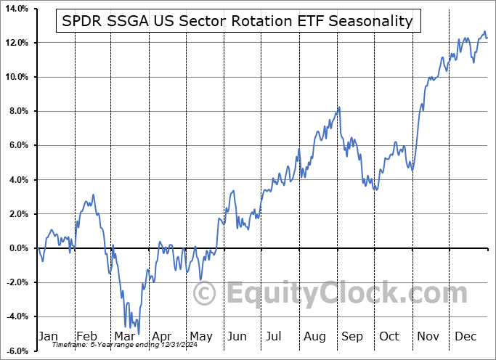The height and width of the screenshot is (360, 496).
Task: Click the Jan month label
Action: pyautogui.click(x=47, y=336)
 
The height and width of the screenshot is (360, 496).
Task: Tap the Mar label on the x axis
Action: pyautogui.click(x=123, y=336)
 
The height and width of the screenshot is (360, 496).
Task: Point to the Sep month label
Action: pyautogui.click(x=352, y=336)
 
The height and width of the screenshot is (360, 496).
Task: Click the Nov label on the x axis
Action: pyautogui.click(x=428, y=336)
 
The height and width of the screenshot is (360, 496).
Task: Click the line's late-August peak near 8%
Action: pyautogui.click(x=339, y=107)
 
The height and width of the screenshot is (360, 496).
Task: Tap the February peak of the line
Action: pyautogui.click(x=93, y=195)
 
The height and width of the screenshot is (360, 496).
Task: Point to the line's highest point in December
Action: pyautogui.click(x=484, y=32)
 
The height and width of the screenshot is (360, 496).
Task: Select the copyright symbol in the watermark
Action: pyautogui.click(x=206, y=293)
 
